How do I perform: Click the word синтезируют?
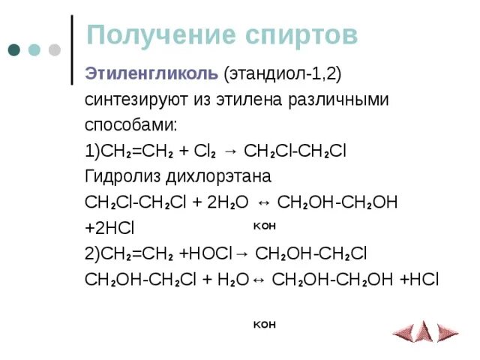[x=130, y=100]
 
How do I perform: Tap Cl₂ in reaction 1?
[x=204, y=151]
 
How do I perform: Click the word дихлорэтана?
[x=214, y=176]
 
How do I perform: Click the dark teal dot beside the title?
[x=14, y=50]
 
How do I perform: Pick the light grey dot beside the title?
[x=54, y=50]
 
